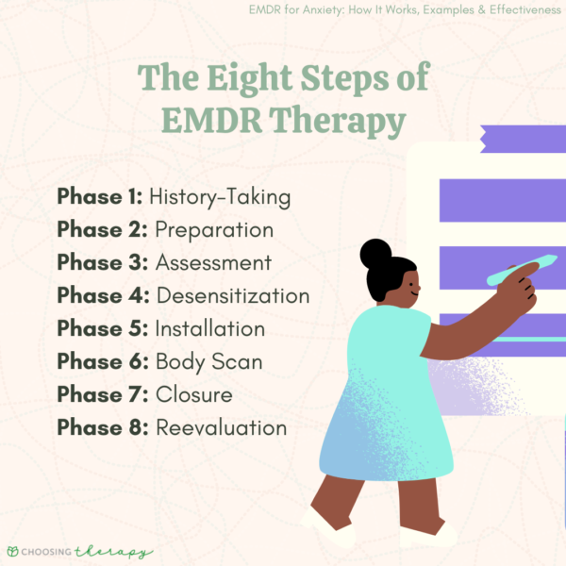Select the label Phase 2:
(101, 230)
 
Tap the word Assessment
(213, 262)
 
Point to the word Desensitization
(233, 295)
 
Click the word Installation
(210, 328)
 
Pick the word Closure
(194, 394)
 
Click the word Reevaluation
(222, 427)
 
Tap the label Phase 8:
(101, 427)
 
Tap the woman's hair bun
(375, 253)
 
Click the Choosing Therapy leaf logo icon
(14, 551)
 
